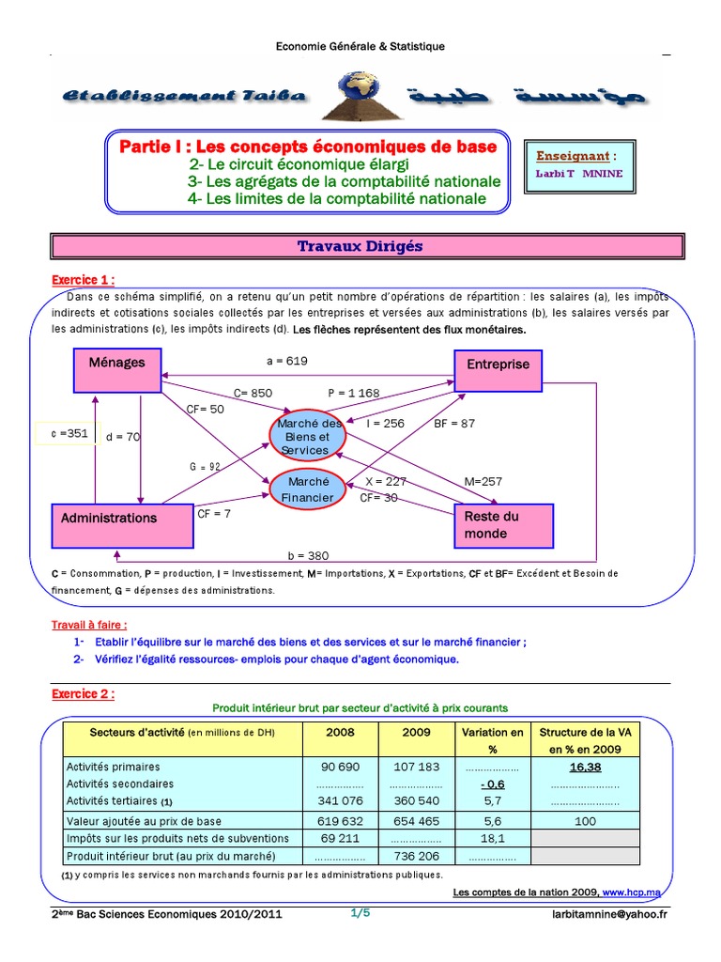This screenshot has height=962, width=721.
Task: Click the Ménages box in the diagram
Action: pyautogui.click(x=117, y=369)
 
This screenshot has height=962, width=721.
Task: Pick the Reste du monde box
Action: pyautogui.click(x=503, y=525)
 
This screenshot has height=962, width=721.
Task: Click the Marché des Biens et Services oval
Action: pyautogui.click(x=309, y=437)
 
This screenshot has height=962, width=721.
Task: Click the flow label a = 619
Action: pyautogui.click(x=287, y=360)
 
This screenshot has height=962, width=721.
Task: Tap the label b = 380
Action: pyautogui.click(x=311, y=555)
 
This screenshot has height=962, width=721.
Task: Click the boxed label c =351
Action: pyautogui.click(x=66, y=434)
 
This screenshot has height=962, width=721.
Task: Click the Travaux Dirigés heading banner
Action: pyautogui.click(x=360, y=246)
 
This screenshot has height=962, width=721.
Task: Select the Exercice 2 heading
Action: pyautogui.click(x=84, y=693)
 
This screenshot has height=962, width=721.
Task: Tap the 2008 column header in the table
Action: pyautogui.click(x=340, y=732)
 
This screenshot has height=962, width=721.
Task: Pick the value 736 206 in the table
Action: pyautogui.click(x=415, y=857)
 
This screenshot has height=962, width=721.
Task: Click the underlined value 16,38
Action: pyautogui.click(x=584, y=766)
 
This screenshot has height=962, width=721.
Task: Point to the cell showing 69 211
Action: pyautogui.click(x=340, y=838)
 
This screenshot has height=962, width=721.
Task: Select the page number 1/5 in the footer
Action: pyautogui.click(x=360, y=913)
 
